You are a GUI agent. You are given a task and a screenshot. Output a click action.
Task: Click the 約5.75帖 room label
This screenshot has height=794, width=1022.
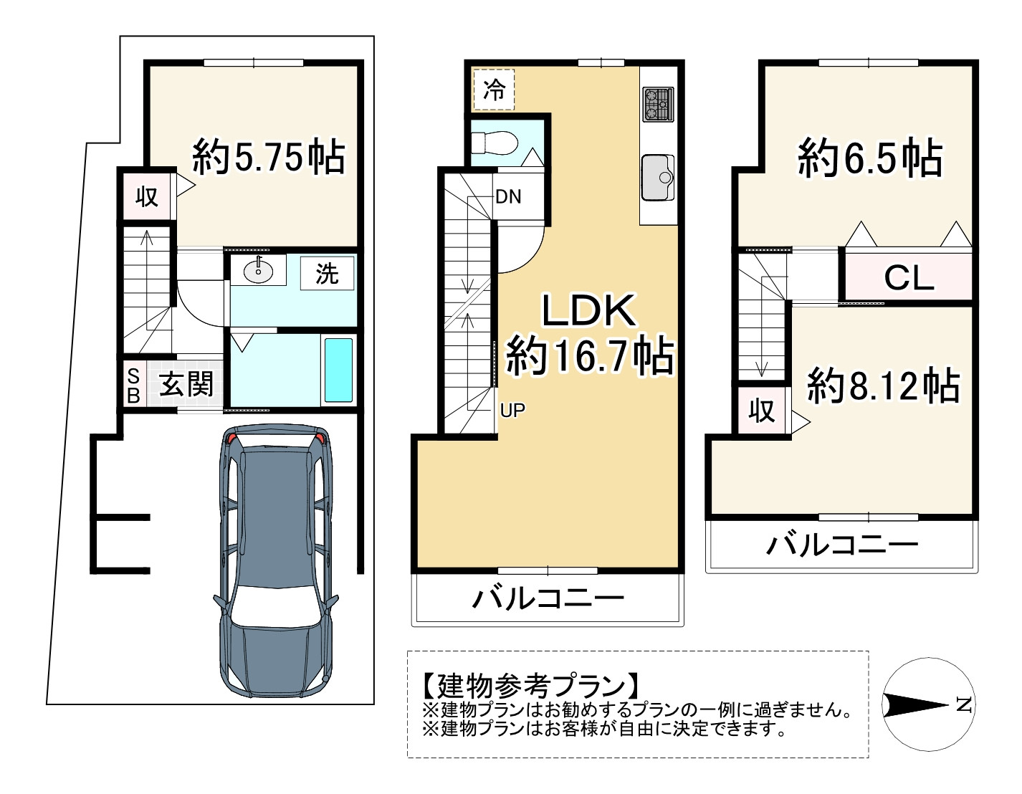[269, 157]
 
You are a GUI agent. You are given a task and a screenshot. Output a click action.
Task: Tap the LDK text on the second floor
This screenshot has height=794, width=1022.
[588, 310]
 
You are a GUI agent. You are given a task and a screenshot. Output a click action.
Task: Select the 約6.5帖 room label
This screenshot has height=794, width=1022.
[870, 158]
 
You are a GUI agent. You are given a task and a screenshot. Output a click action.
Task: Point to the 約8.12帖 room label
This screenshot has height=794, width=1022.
[883, 386]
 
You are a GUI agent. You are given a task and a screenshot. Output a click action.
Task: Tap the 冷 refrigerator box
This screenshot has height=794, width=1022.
[494, 90]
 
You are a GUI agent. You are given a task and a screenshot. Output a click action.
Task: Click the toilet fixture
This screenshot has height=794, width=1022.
[495, 142]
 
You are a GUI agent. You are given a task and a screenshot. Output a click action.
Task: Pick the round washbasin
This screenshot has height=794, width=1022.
[257, 270]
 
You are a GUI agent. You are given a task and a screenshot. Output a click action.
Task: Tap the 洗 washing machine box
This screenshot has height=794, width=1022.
[327, 273]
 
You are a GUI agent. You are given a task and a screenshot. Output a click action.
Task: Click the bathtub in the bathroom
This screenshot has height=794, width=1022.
[338, 370]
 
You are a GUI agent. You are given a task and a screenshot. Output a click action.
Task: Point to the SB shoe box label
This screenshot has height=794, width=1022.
[133, 386]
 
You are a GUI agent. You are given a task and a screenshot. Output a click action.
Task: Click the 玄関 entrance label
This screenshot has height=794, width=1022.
[186, 385]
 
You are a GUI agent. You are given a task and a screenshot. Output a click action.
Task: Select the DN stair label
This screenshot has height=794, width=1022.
[508, 196]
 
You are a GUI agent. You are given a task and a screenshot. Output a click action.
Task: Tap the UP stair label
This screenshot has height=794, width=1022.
[512, 410]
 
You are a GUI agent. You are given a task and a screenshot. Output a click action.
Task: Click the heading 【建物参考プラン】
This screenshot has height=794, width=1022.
[530, 686]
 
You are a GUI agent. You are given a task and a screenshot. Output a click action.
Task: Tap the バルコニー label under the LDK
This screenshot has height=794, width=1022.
[548, 598]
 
